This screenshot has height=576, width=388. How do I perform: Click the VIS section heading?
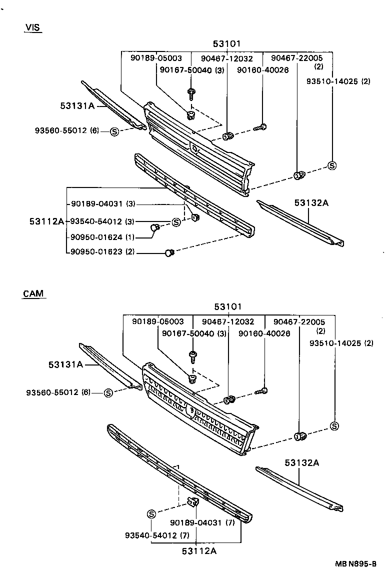tap(32, 27)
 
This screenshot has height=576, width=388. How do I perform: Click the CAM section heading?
tap(33, 293)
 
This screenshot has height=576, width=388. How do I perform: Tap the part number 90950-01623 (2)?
tap(102, 252)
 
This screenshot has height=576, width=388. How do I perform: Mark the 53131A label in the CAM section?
tap(65, 364)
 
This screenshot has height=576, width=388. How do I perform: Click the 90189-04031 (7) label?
tap(202, 522)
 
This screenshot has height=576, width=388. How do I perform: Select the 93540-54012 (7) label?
tap(157, 535)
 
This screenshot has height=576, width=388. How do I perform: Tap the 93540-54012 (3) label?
tap(102, 221)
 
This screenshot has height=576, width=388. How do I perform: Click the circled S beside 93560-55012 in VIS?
tap(114, 131)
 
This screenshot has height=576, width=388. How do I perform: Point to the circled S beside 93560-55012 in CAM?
tap(108, 393)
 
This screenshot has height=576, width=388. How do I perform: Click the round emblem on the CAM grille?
tap(190, 410)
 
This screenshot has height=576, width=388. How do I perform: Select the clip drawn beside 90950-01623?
tap(169, 253)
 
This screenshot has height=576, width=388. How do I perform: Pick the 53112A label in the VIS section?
tap(46, 221)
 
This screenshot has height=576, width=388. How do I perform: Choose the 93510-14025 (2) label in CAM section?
tap(341, 343)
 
